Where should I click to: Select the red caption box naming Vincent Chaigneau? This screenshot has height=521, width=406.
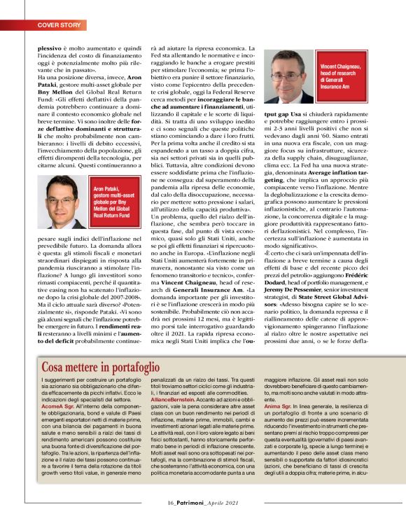click(343, 74)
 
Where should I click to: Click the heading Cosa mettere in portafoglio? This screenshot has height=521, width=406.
click(101, 366)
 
